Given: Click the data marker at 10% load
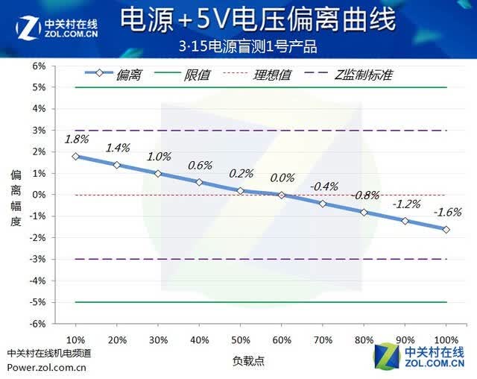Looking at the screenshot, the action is pos(75,157).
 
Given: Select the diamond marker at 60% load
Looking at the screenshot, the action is pos(282,195).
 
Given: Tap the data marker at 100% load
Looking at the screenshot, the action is pos(446,230).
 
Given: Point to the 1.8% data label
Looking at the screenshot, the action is pos(76,139).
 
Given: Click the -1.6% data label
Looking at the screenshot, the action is pos(447,212).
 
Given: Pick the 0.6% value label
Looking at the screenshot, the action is pos(200,166).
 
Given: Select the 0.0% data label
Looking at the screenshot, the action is pos(282,178).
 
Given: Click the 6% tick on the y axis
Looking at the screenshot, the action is pos(39,66).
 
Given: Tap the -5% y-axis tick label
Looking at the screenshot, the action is pos(37,302).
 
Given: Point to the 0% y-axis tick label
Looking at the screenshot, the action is pos(39,195).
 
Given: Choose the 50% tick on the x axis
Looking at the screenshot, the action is pos(241,340).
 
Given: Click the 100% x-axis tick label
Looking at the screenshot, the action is pos(446,340).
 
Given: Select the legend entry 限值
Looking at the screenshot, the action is pos(182,75).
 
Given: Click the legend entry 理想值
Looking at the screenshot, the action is pos(257,75).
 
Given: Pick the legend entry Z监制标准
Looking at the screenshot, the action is pos(349,75).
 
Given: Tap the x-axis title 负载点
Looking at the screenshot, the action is pos(248,361).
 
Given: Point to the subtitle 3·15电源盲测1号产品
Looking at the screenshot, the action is pos(247,47).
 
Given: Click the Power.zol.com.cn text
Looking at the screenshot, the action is pos(46,367).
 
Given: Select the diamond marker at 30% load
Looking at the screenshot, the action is pos(158,174).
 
